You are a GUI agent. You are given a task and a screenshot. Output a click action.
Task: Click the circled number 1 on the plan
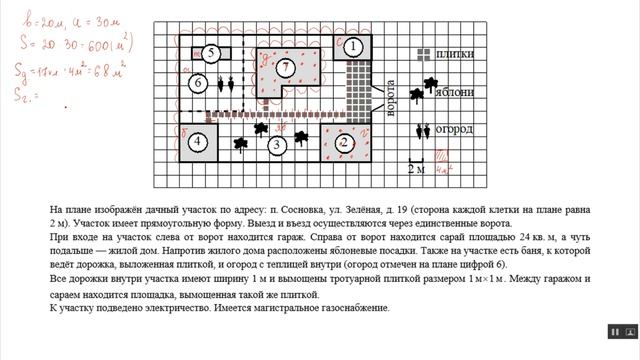point(352,46)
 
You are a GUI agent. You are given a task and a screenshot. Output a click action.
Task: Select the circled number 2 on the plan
point(344,142)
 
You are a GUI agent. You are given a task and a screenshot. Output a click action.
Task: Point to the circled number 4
point(199,142)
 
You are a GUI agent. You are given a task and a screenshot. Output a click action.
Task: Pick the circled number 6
point(199,82)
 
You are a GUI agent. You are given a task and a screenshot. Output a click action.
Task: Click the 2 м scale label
point(414,170)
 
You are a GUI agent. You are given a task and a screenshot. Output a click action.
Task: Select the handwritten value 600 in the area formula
point(93,45)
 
